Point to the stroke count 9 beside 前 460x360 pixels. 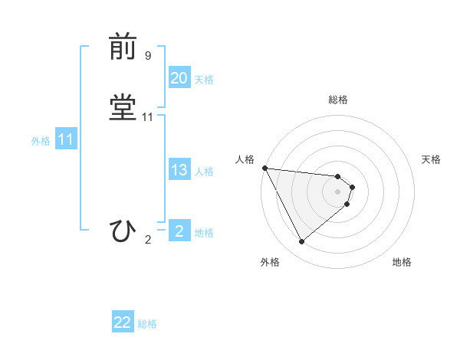coord(148,56)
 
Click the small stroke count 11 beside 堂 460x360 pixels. coord(148,117)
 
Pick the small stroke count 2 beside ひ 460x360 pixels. coord(148,240)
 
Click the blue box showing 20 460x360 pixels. coord(179,78)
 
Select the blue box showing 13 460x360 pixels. coord(179,170)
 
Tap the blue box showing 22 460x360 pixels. coord(123,322)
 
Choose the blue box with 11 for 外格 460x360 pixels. coord(65,139)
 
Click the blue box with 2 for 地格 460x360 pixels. coord(179,231)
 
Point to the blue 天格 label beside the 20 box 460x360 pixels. coord(204,80)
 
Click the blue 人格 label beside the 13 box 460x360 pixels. coord(204,172)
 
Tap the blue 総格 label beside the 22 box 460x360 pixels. coord(147,324)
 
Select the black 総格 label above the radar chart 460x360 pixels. coord(338,100)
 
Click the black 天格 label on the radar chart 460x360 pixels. coord(432,159)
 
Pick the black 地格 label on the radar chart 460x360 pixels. coord(402,263)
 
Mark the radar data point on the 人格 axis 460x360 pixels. coord(264,168)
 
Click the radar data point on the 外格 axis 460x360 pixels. coord(301,241)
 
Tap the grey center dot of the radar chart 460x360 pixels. coord(338,191)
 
